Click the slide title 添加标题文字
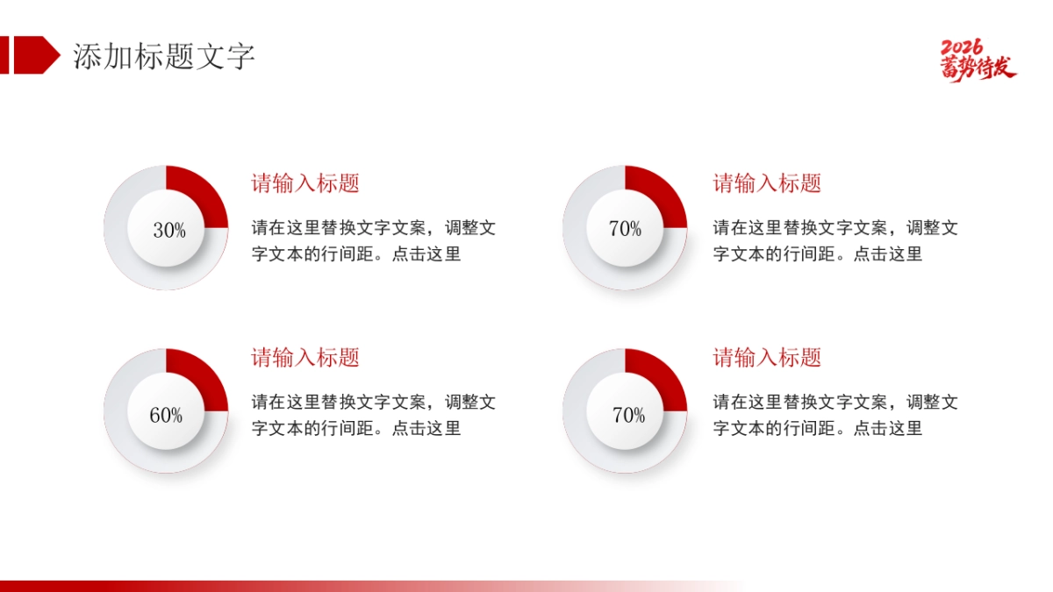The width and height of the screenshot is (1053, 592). click(164, 56)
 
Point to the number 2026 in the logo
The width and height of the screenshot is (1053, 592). click(963, 47)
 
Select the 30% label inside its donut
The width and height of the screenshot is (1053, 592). click(169, 231)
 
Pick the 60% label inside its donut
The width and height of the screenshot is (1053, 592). click(166, 416)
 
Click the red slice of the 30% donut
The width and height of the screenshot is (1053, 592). click(200, 195)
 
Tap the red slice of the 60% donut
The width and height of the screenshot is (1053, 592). click(200, 379)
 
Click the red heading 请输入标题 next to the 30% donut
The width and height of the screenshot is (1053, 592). click(305, 183)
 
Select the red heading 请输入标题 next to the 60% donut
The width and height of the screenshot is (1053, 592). click(305, 358)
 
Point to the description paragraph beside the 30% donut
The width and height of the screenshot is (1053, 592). click(373, 241)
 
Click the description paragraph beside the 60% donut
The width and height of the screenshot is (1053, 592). click(373, 415)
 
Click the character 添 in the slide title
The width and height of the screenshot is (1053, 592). click(87, 56)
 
